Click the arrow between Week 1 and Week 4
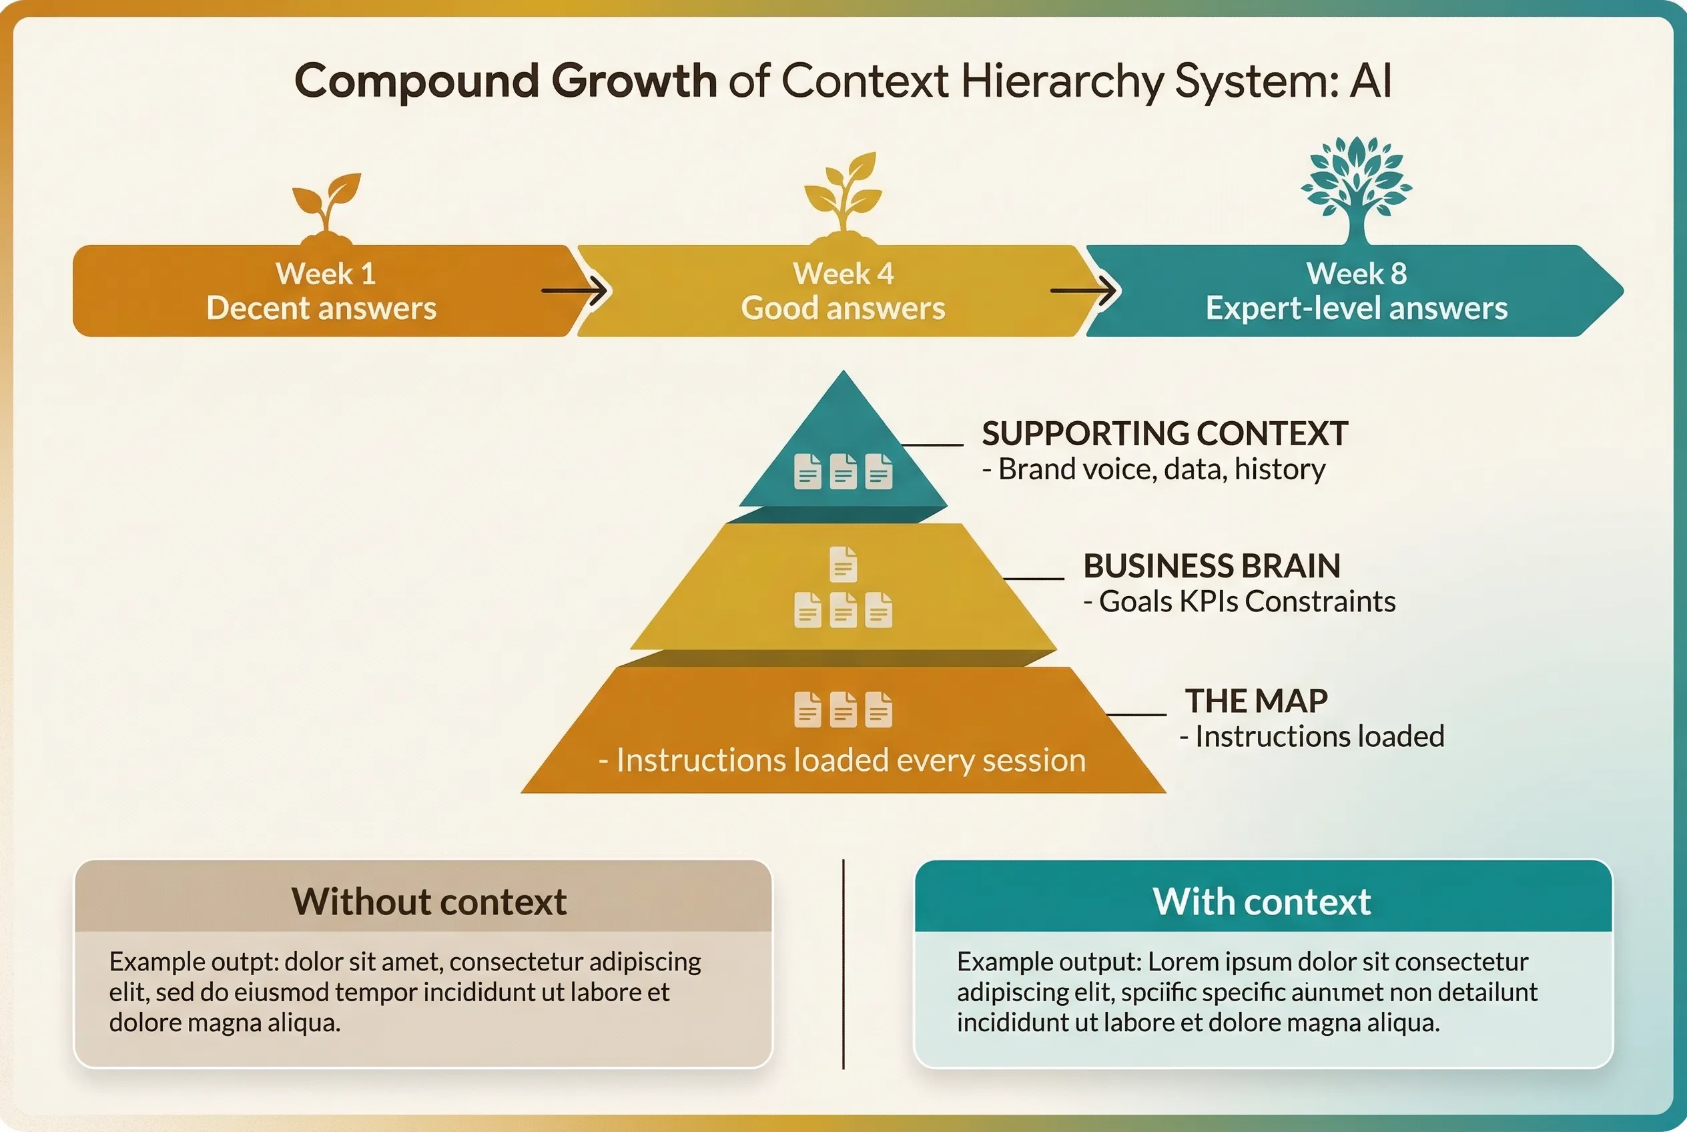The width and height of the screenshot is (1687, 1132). [x=575, y=291]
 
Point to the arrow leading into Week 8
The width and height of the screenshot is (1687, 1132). [x=1084, y=291]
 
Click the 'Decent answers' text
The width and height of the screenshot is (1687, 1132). [x=321, y=308]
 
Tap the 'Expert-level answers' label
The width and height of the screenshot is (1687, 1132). [x=1357, y=308]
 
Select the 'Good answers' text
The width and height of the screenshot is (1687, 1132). [x=842, y=308]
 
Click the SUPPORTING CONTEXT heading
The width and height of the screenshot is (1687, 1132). [x=1164, y=434]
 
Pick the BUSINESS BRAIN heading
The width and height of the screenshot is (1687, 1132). [x=1211, y=566]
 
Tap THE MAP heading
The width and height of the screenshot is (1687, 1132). [x=1256, y=701]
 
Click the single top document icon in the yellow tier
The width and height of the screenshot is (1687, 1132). [x=843, y=564]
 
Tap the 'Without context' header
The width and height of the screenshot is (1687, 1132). [x=429, y=901]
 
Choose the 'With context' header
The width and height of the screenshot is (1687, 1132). [x=1262, y=901]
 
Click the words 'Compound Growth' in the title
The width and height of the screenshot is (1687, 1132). [x=505, y=80]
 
